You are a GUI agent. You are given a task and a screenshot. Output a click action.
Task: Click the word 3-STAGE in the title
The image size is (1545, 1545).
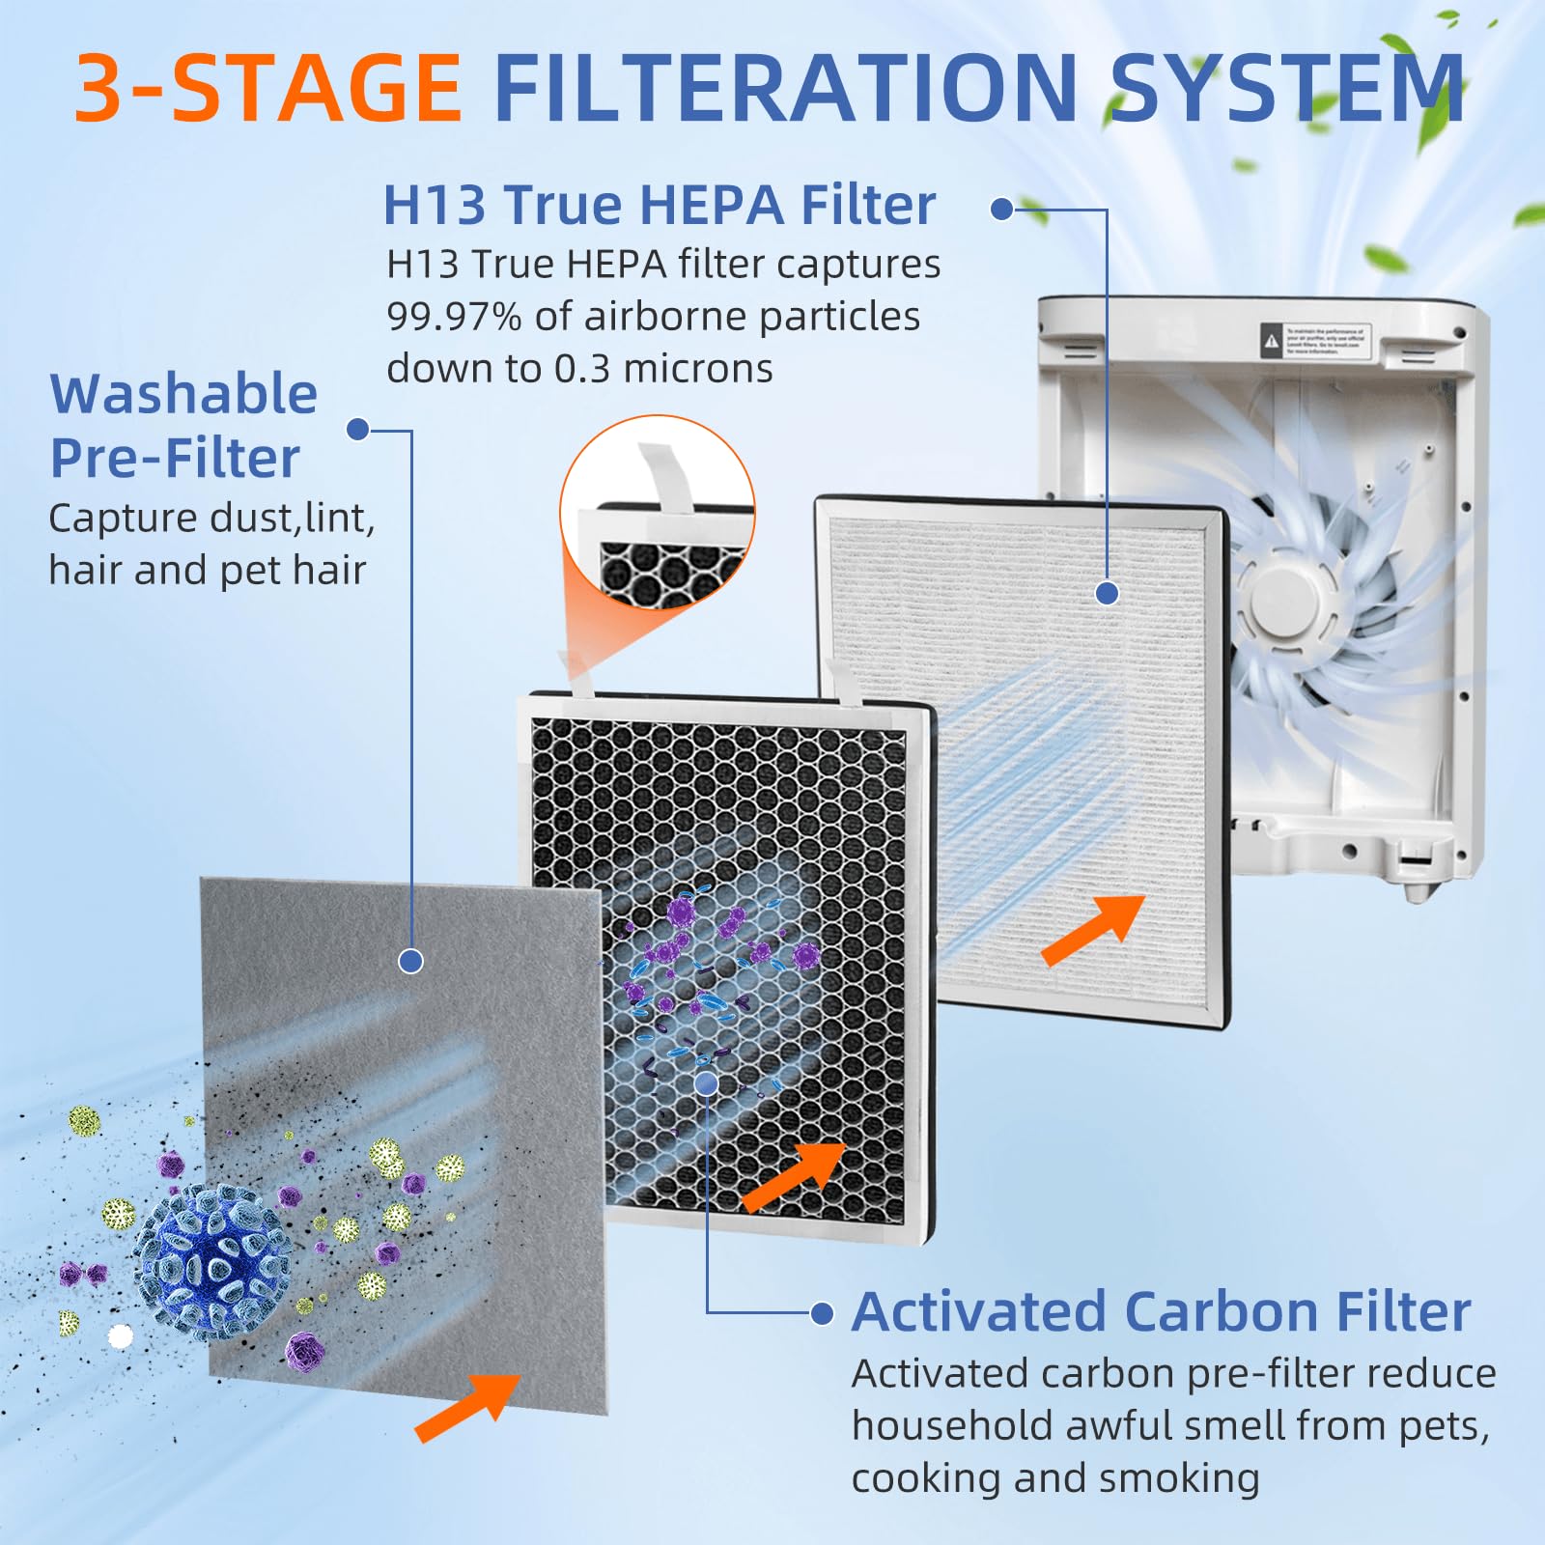coord(268,88)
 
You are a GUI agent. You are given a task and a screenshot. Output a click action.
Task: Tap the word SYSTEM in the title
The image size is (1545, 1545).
coord(1289,88)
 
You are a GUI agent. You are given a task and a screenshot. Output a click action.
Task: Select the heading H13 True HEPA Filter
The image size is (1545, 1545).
coord(660,205)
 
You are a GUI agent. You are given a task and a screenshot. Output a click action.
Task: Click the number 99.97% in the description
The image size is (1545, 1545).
coord(453,317)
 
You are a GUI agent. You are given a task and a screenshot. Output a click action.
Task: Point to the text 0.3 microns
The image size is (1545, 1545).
coord(663,369)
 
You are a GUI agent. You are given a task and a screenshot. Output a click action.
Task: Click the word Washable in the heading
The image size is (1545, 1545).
coord(183,394)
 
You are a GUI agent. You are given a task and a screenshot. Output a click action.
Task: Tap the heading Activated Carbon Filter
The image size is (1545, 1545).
coord(1161,1311)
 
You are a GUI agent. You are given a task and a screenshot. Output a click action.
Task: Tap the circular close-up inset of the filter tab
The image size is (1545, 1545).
coord(658,513)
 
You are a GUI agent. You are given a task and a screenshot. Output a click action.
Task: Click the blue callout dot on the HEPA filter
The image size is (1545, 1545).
coord(1108,593)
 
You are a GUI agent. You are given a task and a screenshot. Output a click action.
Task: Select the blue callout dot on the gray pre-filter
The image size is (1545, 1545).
coord(410,961)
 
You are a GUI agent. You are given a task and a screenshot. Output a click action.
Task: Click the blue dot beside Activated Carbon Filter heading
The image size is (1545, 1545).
coord(822,1313)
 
